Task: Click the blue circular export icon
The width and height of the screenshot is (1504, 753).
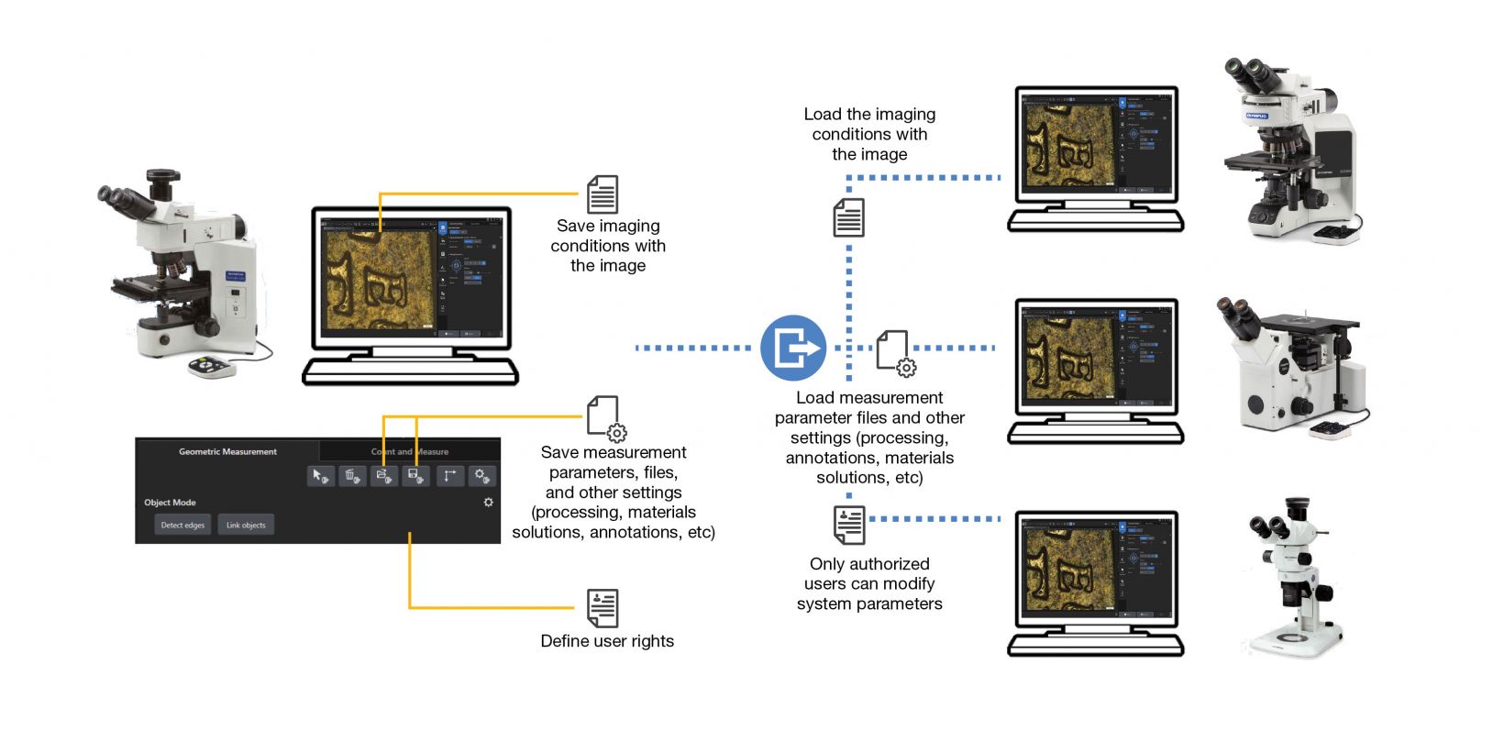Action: pyautogui.click(x=793, y=348)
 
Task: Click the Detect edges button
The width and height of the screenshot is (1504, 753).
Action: pyautogui.click(x=182, y=525)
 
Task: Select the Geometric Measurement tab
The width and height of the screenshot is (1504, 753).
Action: pyautogui.click(x=227, y=451)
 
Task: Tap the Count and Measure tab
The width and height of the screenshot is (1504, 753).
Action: pyautogui.click(x=410, y=451)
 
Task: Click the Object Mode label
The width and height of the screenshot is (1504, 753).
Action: pyautogui.click(x=170, y=503)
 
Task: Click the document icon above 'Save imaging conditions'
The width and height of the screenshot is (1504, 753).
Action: pyautogui.click(x=603, y=194)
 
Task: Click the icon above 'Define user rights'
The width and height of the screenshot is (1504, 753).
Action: pyautogui.click(x=603, y=608)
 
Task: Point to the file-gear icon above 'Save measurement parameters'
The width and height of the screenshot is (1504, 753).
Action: pyautogui.click(x=606, y=418)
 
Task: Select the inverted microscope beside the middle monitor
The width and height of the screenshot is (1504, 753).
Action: pyautogui.click(x=1291, y=367)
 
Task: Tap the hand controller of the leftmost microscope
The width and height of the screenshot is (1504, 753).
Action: pyautogui.click(x=212, y=367)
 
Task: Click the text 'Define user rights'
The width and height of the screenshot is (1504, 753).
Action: pyautogui.click(x=607, y=641)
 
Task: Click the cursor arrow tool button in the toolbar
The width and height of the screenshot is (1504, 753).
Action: pyautogui.click(x=320, y=476)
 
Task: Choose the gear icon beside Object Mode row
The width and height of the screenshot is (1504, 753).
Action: pyautogui.click(x=488, y=503)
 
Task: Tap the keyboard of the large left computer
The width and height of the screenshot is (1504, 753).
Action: pyautogui.click(x=410, y=370)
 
